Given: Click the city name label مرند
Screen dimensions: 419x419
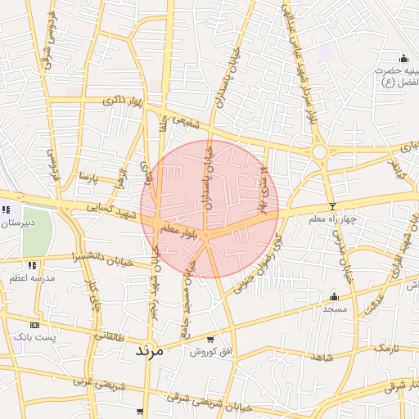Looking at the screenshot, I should click(149, 349).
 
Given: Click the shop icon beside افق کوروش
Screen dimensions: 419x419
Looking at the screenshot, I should click(210, 340).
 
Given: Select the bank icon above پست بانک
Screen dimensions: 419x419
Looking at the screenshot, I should click(34, 325).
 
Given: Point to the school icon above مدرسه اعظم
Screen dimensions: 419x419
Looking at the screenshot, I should click(32, 265).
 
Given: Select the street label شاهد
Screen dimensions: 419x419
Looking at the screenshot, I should click(322, 358).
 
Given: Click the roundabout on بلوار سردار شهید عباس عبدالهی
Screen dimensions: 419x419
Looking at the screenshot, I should click(319, 151).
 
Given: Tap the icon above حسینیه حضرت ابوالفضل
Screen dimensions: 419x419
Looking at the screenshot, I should click(403, 58).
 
